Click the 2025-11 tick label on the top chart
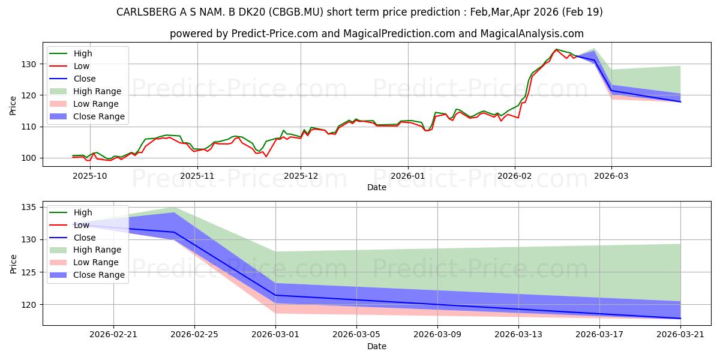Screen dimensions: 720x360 (x=197, y=176)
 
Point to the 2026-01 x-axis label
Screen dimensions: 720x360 (x=407, y=176)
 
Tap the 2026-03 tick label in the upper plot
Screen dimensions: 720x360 (x=611, y=176)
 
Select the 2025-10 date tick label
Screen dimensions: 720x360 (x=89, y=176)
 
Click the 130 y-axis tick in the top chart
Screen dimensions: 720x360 (x=29, y=64)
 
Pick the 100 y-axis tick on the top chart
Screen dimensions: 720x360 (x=29, y=158)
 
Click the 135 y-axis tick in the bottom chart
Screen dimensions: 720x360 (x=29, y=208)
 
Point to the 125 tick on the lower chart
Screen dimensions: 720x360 (x=29, y=272)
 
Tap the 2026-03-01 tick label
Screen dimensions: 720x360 (x=275, y=335)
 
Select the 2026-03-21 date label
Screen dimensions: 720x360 (x=680, y=335)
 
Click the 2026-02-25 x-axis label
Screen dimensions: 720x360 (x=194, y=335)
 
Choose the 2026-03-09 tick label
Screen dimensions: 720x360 (x=437, y=335)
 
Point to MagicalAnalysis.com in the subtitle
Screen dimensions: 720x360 (x=532, y=34)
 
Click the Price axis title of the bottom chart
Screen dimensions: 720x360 (x=13, y=264)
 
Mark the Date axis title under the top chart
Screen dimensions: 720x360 (x=377, y=187)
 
